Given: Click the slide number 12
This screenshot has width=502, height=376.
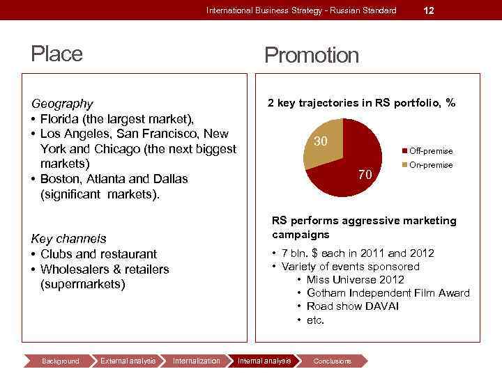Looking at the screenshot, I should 429,10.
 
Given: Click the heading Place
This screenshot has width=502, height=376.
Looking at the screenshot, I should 56,54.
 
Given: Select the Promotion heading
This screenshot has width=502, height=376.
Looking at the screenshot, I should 312,55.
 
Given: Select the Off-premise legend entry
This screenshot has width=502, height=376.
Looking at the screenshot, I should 430,151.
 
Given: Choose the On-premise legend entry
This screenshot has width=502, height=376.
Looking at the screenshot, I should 430,165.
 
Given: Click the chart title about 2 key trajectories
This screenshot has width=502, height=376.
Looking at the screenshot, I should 361,103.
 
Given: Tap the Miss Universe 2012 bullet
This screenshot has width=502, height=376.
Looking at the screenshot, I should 355,280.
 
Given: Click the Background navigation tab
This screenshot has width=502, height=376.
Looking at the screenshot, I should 61,361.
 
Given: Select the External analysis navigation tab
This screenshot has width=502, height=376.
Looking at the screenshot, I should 128,361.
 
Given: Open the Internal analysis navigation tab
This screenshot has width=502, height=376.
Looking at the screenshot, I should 264,361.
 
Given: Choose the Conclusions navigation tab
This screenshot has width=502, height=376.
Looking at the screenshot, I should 333,361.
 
